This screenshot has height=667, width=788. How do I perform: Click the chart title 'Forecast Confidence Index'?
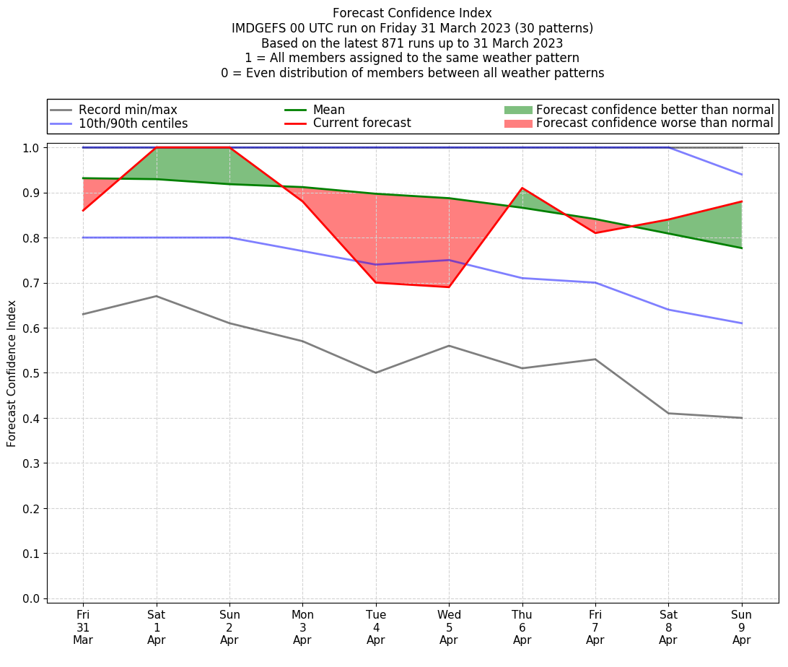tap(412, 13)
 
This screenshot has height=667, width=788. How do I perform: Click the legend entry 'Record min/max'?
tap(128, 110)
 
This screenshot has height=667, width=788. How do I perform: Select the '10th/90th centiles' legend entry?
tap(133, 123)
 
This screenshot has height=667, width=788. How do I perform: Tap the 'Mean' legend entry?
tap(328, 110)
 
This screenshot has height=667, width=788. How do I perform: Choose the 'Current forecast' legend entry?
tap(362, 123)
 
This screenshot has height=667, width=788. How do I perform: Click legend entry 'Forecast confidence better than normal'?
tap(655, 110)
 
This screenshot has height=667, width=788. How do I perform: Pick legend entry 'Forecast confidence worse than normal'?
tap(655, 123)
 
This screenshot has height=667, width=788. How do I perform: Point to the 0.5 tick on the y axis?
tap(32, 373)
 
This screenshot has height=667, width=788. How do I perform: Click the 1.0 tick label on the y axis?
tap(32, 148)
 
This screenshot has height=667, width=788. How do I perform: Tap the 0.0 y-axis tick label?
tap(32, 598)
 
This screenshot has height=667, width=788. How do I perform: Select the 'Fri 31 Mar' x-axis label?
tap(83, 627)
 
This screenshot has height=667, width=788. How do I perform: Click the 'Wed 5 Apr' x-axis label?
tap(449, 627)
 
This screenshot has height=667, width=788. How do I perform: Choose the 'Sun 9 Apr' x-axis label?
tap(742, 627)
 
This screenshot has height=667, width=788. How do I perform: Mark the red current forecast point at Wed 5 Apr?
tap(449, 287)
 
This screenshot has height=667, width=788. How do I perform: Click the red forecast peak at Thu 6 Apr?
tap(522, 188)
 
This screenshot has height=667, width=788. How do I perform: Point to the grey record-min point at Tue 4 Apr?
tap(376, 372)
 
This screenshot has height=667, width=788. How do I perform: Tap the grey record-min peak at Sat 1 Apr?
tap(157, 296)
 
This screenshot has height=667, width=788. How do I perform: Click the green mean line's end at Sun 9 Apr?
tap(742, 248)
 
